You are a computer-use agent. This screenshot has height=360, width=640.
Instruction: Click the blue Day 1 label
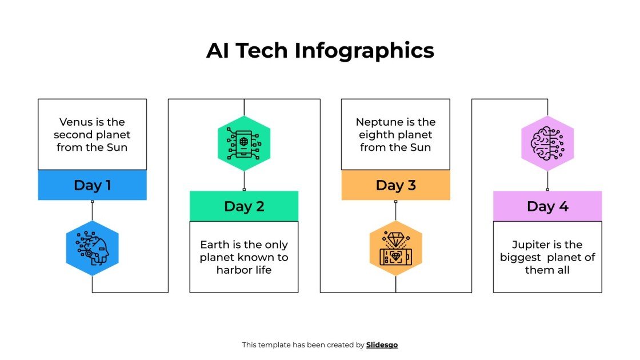92,185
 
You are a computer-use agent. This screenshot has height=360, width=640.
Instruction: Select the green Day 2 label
244,206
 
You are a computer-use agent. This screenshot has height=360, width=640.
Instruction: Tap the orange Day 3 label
395,185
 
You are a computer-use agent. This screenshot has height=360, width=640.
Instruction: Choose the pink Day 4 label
547,206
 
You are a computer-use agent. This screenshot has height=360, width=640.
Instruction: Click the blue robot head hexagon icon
92,248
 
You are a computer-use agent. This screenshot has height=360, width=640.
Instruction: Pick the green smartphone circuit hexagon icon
244,143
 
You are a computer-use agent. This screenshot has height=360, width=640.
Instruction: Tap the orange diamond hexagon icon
395,248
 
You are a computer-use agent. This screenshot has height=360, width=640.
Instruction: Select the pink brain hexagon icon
547,143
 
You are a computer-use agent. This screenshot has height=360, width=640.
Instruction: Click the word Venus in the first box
75,122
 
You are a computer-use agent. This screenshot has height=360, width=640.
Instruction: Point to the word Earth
215,245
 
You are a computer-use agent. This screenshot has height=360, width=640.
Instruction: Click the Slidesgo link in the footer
382,345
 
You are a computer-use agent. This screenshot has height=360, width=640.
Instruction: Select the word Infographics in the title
365,51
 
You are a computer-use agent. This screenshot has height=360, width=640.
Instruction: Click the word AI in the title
219,50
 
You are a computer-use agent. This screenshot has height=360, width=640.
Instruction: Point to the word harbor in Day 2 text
233,270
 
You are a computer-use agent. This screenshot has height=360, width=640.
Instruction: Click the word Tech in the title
263,50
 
